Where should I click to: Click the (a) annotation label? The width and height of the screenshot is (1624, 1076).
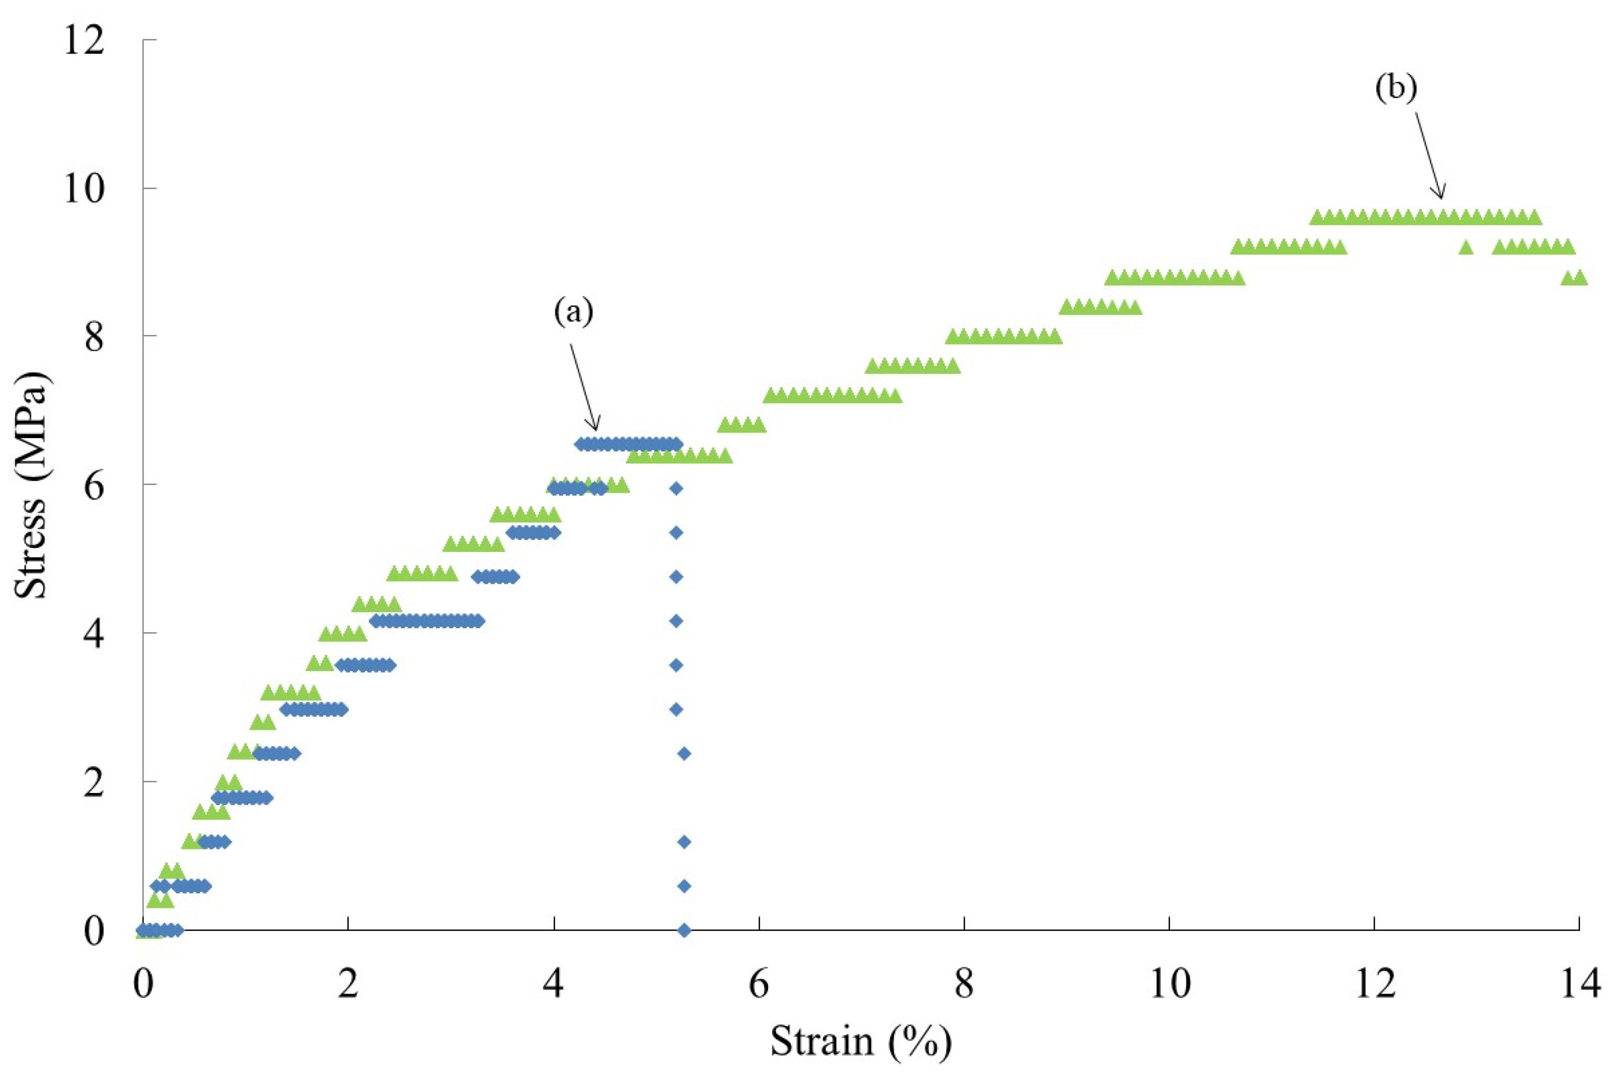[573, 312]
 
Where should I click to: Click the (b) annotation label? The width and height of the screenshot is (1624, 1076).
[1396, 89]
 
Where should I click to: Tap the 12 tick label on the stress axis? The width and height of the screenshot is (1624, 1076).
[84, 41]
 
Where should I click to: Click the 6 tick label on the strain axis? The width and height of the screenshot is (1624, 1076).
[758, 986]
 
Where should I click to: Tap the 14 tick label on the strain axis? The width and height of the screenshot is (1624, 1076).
[1580, 986]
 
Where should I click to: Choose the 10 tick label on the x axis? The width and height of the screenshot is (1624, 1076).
[1169, 986]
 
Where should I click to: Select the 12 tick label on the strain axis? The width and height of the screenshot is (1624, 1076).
[1374, 986]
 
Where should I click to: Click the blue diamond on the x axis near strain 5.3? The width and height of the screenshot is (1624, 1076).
[684, 930]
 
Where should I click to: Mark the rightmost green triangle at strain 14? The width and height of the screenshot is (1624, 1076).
[1580, 277]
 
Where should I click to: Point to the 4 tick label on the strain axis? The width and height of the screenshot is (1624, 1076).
[553, 986]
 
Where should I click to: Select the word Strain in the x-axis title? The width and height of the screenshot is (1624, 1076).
[822, 1040]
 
